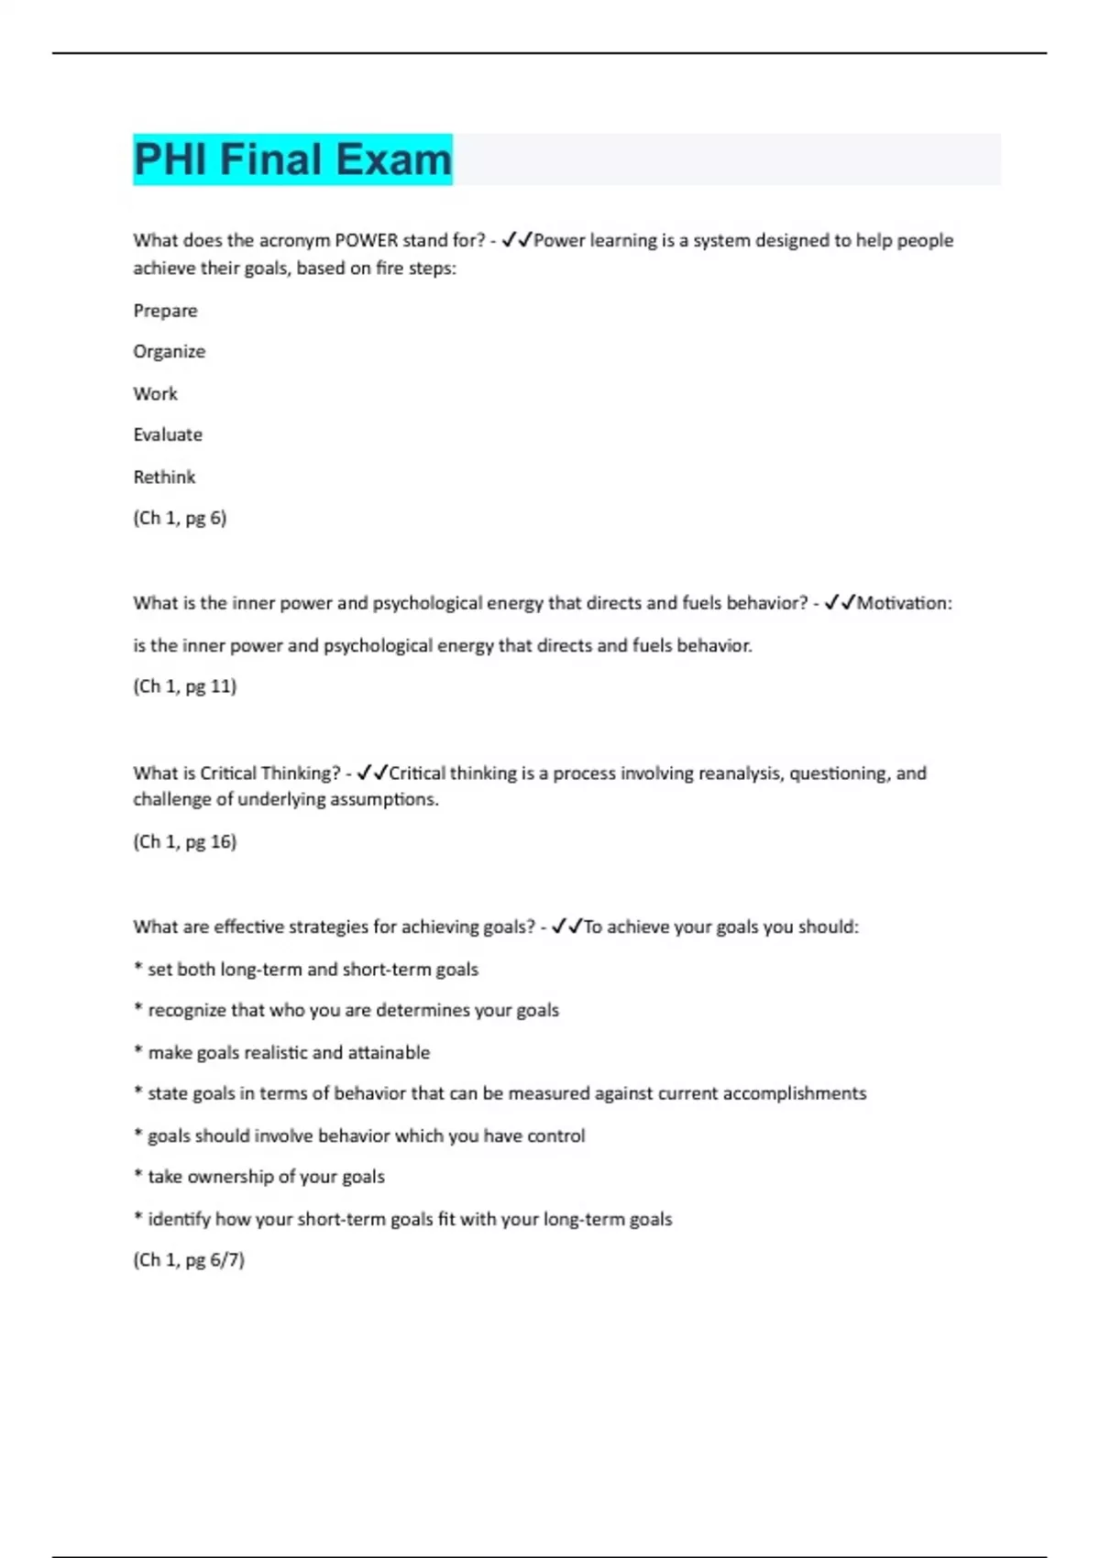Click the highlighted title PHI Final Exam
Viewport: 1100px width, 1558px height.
292,159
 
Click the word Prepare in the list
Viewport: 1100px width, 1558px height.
165,311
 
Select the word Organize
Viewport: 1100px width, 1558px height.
169,352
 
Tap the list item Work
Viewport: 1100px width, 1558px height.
155,394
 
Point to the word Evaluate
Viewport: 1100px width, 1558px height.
168,435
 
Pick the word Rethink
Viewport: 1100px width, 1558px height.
164,477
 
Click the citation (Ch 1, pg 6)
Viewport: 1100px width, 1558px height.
180,519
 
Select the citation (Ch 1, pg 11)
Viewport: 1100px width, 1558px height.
184,686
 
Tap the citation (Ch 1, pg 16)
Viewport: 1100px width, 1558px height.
184,842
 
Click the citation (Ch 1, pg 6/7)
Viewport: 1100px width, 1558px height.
189,1260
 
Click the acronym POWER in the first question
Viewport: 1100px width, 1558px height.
367,241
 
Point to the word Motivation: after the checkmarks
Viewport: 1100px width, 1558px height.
904,603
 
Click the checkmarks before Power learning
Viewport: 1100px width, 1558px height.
517,241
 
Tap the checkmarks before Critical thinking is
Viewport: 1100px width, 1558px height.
373,774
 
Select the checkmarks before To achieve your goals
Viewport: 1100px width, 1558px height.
567,927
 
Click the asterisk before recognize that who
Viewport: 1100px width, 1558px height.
137,1009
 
